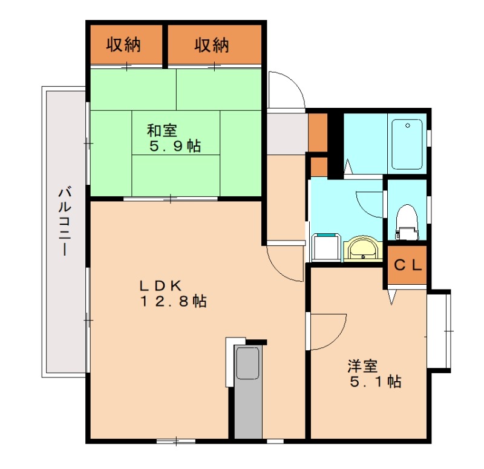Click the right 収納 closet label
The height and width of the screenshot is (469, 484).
pyautogui.click(x=212, y=45)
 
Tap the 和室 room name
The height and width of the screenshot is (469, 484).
pyautogui.click(x=162, y=130)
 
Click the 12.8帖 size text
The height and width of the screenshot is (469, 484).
pyautogui.click(x=174, y=301)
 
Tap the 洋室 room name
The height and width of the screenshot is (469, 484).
pyautogui.click(x=362, y=367)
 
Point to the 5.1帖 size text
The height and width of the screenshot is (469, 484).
pyautogui.click(x=375, y=382)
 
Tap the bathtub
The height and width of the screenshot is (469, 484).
pyautogui.click(x=407, y=144)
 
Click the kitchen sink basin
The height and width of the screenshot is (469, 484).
pyautogui.click(x=247, y=362)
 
